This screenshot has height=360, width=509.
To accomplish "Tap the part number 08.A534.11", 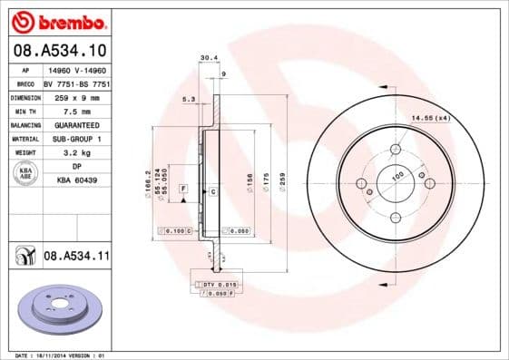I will (76, 257).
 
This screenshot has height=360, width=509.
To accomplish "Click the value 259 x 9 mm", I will (76, 96).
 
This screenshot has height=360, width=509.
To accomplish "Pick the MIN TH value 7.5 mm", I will (76, 110).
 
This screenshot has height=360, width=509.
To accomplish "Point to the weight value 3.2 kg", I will (76, 153).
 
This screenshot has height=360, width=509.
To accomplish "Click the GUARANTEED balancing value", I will (76, 124).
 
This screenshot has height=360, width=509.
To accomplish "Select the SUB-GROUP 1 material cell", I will (76, 139).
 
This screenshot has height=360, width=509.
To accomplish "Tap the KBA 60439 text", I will (76, 181).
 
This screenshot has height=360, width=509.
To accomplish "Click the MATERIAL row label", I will (24, 139).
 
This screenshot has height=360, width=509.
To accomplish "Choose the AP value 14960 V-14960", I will (76, 68).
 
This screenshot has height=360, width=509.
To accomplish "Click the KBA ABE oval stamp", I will (26, 174).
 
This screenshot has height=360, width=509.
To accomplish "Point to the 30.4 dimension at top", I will (208, 57).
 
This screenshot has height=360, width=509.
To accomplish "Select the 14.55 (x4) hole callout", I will (431, 118).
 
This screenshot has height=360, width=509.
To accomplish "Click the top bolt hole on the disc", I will (396, 150).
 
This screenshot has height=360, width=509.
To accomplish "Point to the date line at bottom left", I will (55, 355).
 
